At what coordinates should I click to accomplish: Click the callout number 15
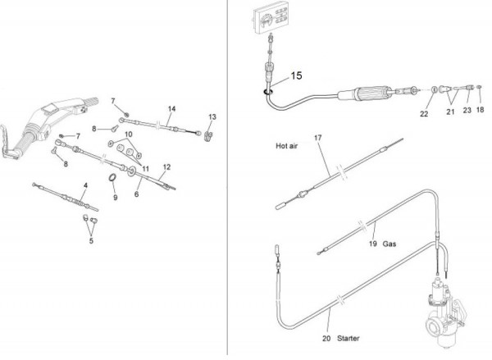[296, 75]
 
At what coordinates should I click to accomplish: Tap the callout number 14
[172, 109]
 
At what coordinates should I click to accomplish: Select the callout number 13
[212, 116]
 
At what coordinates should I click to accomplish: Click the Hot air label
[286, 148]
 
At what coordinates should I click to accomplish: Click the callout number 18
[481, 109]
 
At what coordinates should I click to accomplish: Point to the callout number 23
[467, 109]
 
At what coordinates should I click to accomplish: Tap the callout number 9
[115, 198]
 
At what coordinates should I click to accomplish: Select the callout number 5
[91, 240]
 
